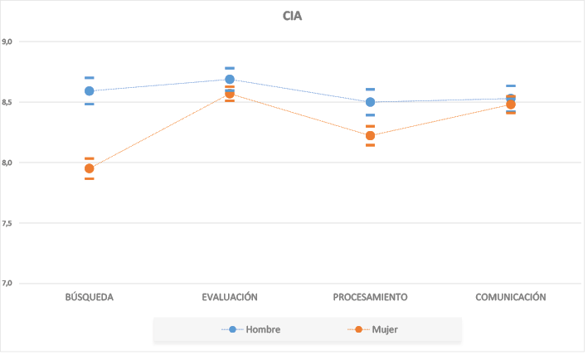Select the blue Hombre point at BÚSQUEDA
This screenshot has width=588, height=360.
[89, 91]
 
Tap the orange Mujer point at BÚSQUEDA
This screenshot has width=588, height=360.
[89, 168]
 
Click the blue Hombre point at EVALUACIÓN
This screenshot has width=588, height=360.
[230, 80]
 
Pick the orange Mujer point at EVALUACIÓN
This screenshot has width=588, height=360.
[230, 94]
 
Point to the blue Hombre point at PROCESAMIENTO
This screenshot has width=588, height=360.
[370, 102]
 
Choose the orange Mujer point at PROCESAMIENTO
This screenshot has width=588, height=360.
[370, 135]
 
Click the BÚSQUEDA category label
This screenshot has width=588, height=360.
[89, 297]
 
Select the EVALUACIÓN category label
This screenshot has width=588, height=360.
[230, 297]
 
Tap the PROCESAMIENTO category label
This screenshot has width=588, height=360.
[370, 297]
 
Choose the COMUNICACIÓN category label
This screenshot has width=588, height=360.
[510, 297]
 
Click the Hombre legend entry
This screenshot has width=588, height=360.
[256, 329]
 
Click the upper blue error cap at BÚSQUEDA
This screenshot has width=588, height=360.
[89, 78]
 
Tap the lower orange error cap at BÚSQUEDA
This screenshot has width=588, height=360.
[89, 178]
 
